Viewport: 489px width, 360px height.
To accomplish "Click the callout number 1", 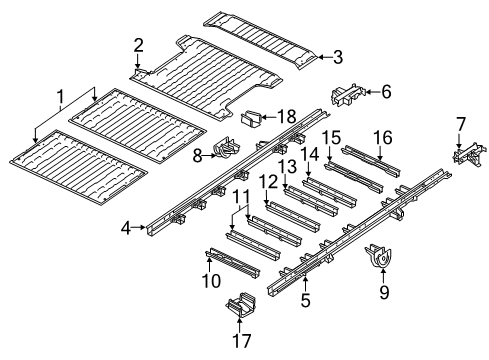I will click(62, 98).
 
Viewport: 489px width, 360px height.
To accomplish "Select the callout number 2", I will click(139, 44).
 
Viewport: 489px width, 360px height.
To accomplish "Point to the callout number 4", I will click(127, 228).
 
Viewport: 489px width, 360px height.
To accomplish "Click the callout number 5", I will click(304, 297).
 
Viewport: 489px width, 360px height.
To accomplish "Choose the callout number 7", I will click(461, 124).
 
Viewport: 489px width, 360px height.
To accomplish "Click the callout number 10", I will click(211, 283).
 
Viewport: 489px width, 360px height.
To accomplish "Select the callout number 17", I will click(238, 340).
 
